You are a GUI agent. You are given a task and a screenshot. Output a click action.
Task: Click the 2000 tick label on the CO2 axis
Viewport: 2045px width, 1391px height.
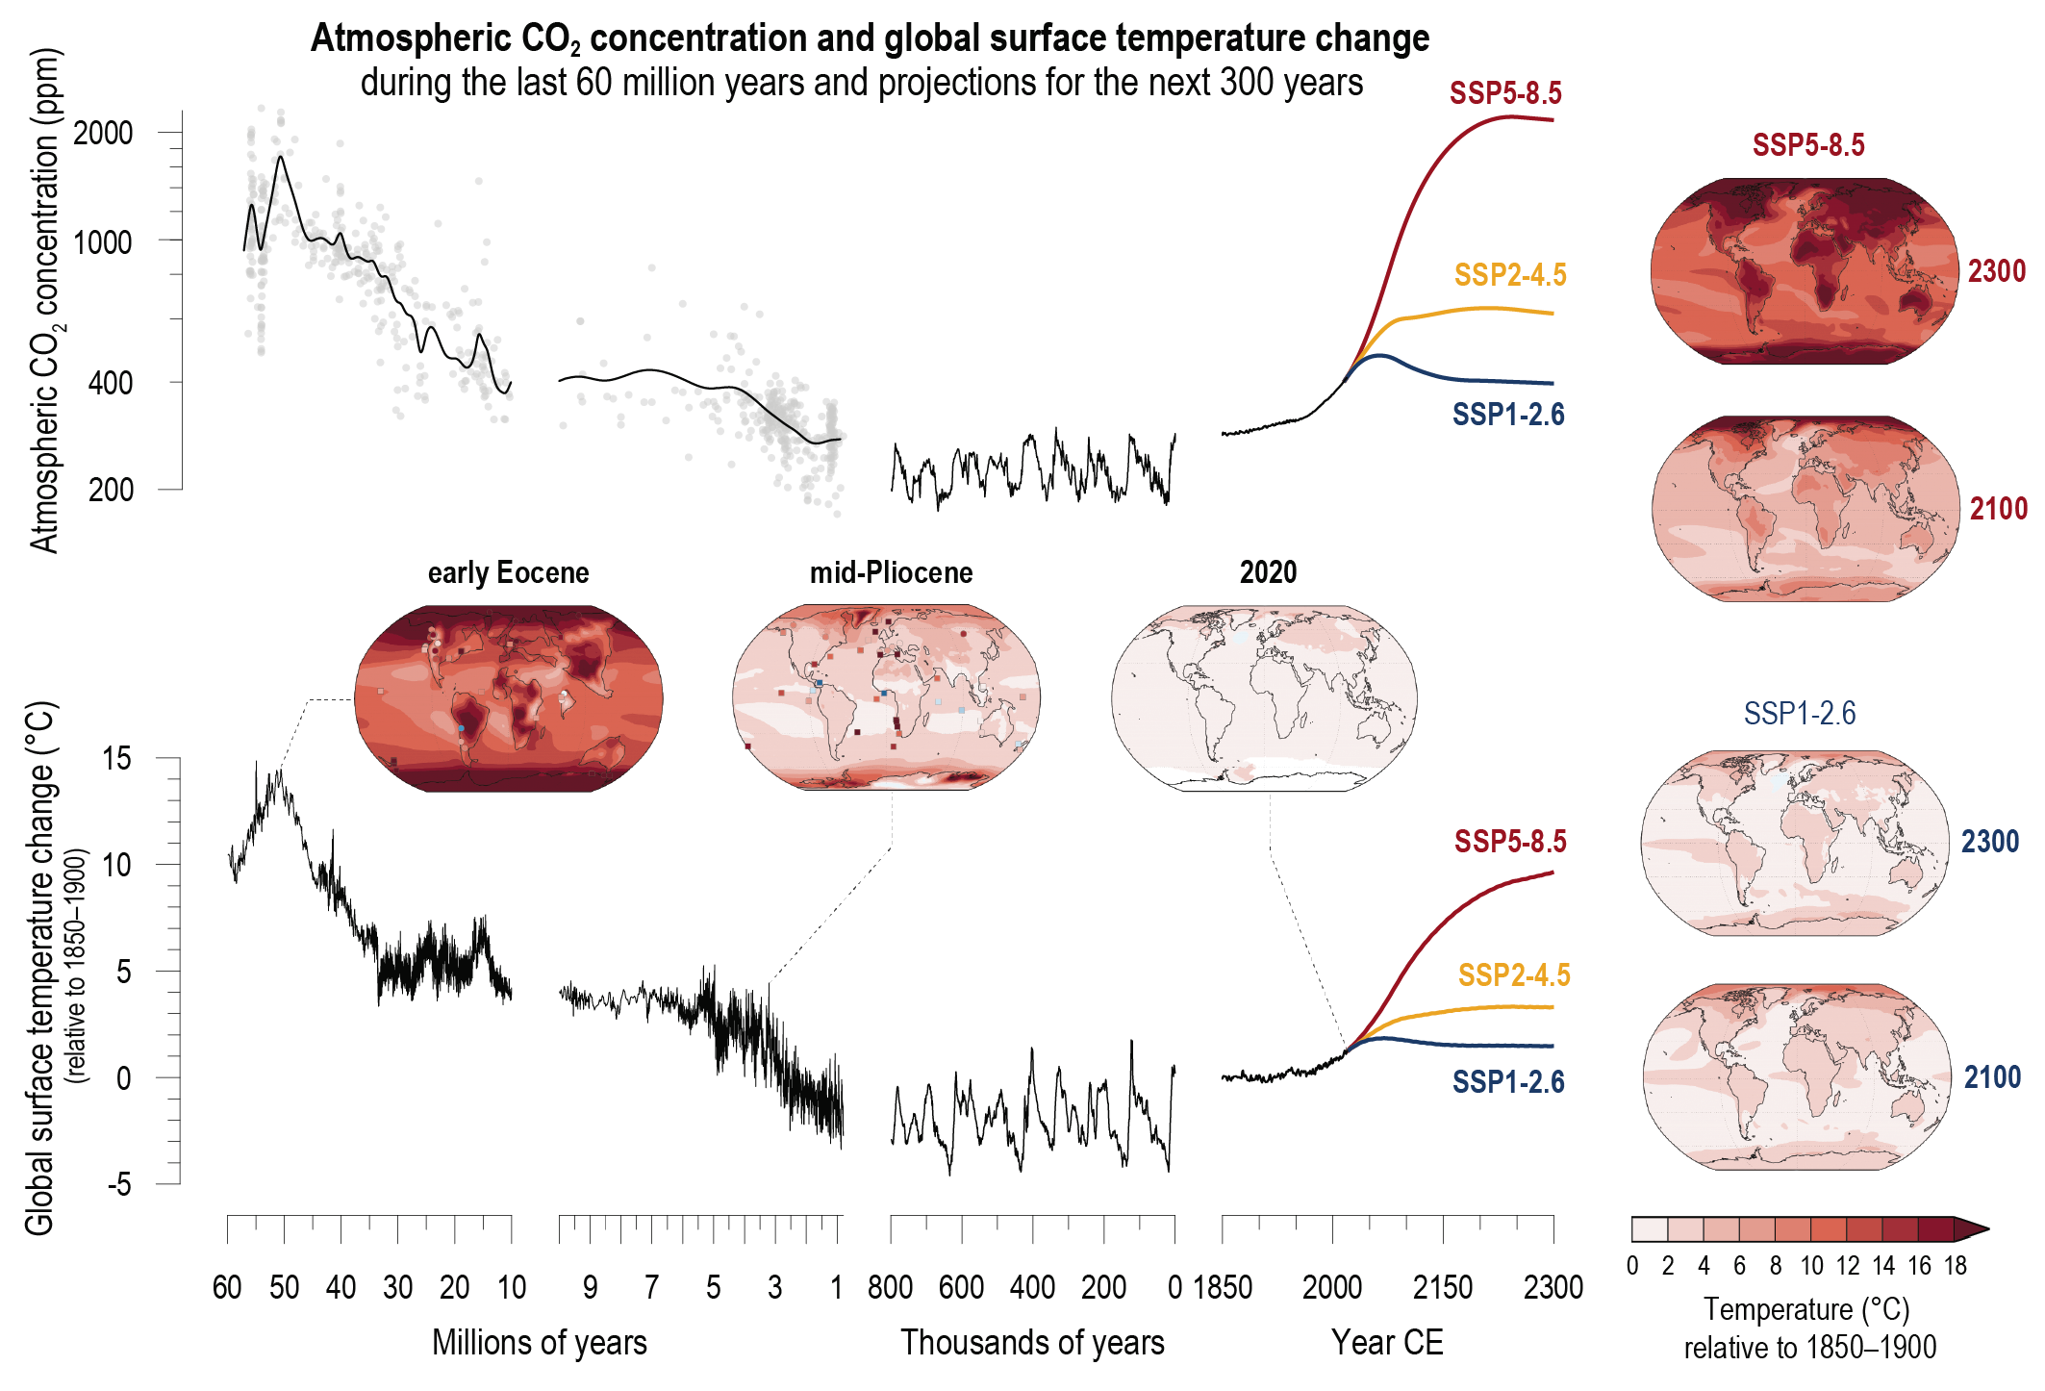[x=103, y=133]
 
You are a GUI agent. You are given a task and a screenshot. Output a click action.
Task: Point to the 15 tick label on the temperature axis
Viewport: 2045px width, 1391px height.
[x=116, y=759]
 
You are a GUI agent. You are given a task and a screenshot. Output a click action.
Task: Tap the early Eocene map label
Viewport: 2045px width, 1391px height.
[x=508, y=573]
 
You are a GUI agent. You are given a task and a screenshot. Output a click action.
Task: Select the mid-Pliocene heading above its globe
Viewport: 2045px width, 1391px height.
[x=891, y=573]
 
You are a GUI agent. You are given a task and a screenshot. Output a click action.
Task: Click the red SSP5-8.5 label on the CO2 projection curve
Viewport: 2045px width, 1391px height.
[x=1505, y=93]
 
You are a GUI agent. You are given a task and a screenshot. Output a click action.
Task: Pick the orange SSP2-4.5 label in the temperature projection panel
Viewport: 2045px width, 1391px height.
[x=1513, y=975]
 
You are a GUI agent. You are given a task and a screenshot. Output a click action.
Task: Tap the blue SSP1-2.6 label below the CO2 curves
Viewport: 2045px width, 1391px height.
[x=1507, y=415]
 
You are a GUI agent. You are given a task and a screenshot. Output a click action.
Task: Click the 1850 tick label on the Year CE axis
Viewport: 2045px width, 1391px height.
[x=1223, y=1287]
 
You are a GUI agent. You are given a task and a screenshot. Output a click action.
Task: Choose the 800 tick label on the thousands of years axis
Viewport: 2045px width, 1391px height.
[x=890, y=1287]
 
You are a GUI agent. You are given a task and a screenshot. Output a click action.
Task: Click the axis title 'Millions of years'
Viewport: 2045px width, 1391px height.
[x=539, y=1342]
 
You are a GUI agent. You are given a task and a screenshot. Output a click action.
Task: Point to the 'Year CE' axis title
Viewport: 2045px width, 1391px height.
[x=1387, y=1342]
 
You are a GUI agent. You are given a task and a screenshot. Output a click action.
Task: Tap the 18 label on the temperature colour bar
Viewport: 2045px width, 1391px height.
[x=1955, y=1266]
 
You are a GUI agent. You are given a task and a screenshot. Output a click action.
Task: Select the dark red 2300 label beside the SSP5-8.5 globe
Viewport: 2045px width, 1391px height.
[x=1996, y=271]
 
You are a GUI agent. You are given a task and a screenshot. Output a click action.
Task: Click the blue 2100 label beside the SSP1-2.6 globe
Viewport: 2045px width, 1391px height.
[x=1992, y=1077]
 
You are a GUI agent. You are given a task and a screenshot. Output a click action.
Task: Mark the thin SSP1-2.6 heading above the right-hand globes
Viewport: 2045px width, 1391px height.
[x=1799, y=714]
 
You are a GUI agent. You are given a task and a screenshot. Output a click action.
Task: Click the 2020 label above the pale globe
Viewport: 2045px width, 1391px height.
[x=1268, y=573]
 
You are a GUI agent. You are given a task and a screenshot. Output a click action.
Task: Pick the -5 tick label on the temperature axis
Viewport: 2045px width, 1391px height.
[x=118, y=1184]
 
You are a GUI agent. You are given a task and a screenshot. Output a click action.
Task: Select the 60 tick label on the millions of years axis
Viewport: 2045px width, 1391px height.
[x=227, y=1287]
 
